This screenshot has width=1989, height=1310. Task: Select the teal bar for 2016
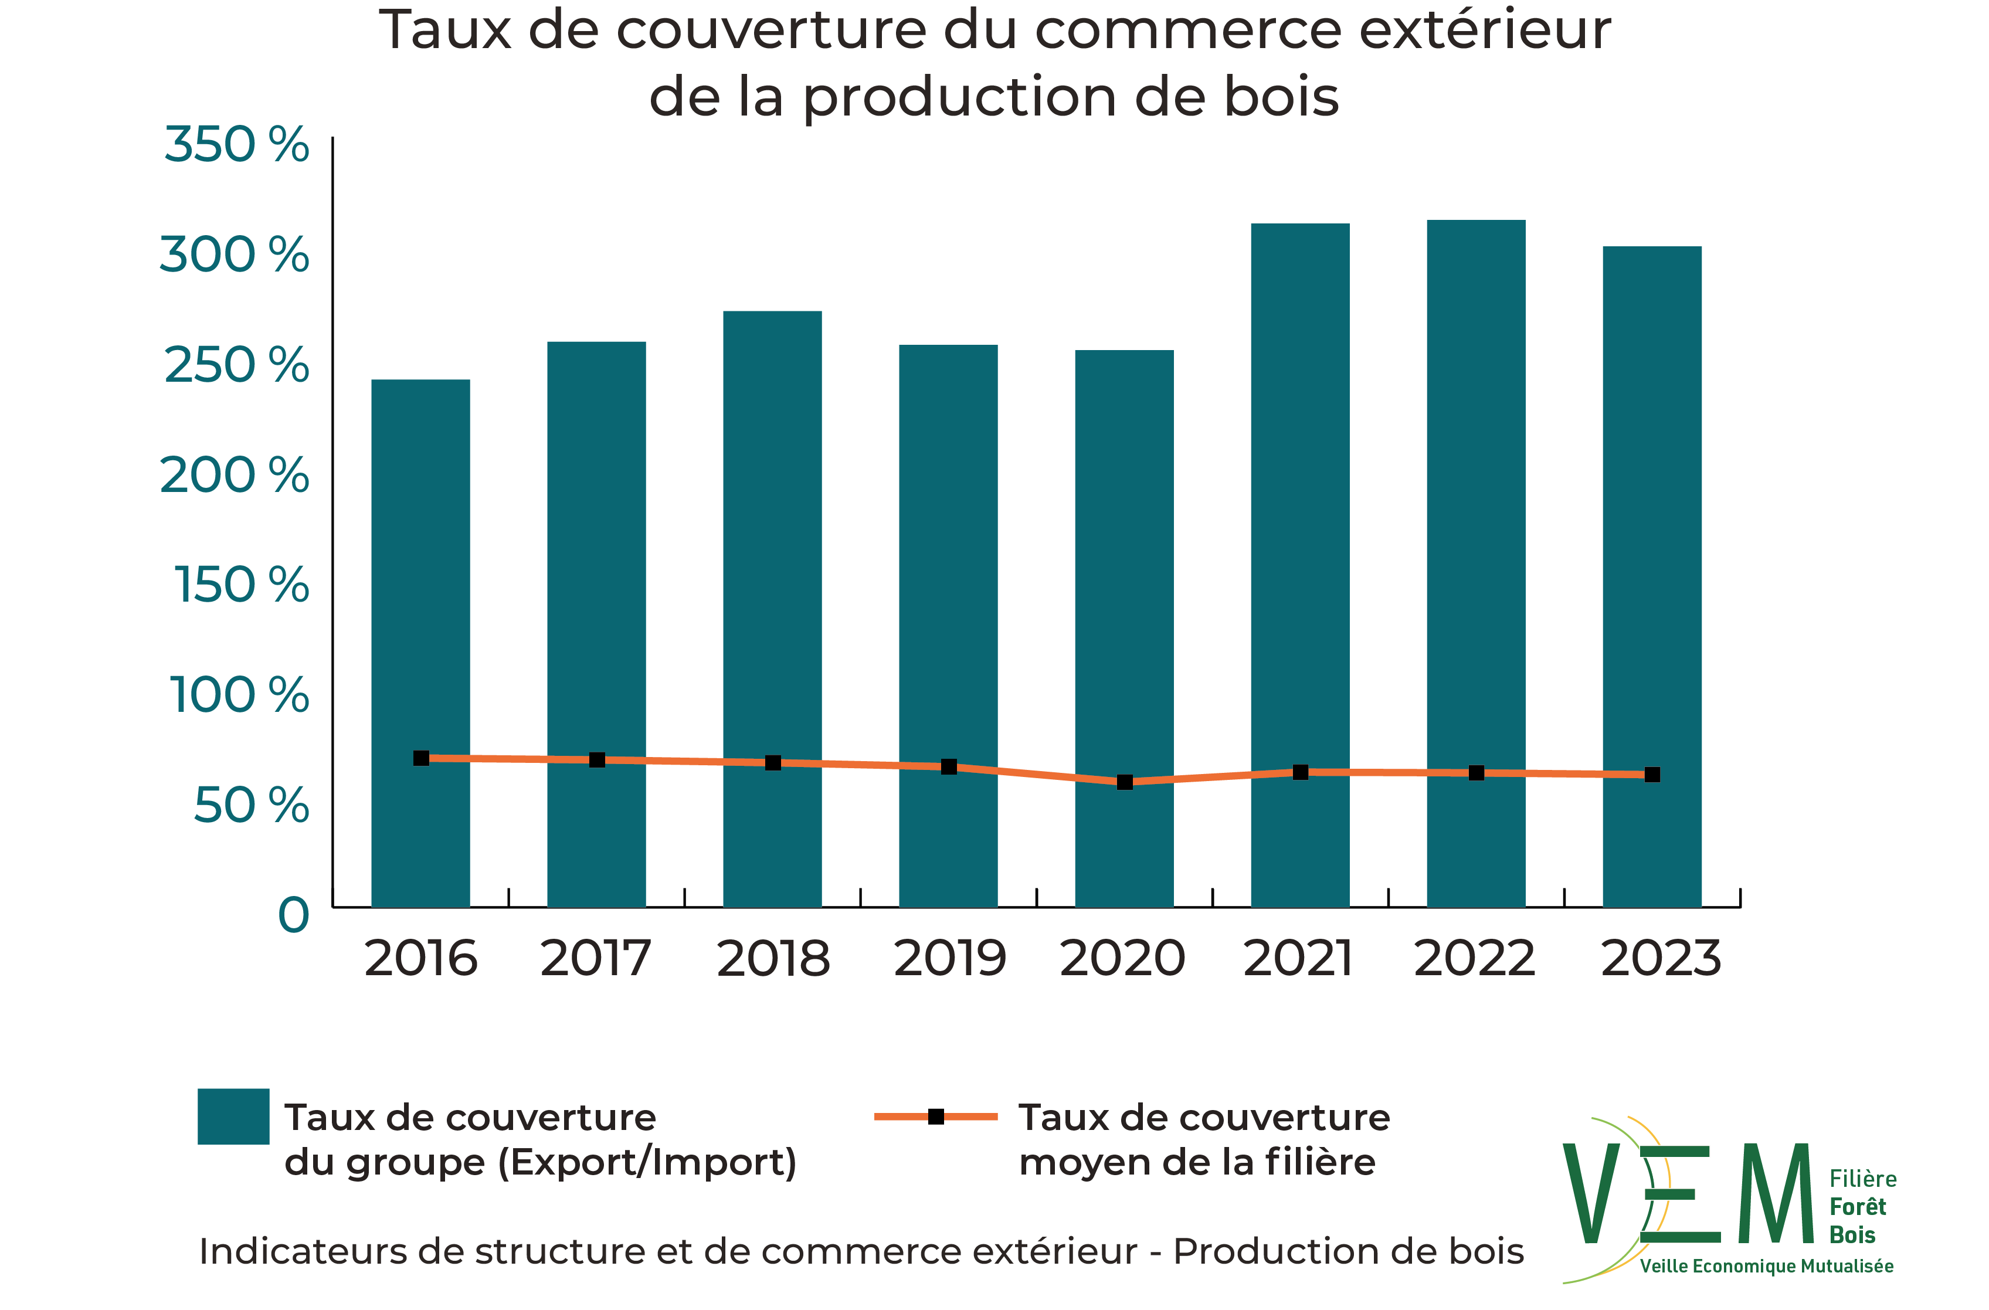(420, 644)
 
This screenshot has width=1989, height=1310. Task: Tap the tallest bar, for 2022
(1476, 564)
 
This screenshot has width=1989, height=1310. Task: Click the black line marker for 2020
(1125, 782)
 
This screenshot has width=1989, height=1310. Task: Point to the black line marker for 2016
(421, 758)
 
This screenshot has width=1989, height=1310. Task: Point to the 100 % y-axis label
(240, 695)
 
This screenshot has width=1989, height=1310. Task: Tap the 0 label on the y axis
(293, 915)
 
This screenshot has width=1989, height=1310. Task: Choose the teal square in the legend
(233, 1116)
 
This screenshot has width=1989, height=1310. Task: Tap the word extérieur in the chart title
(1484, 31)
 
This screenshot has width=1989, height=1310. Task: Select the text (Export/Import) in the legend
(648, 1162)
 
